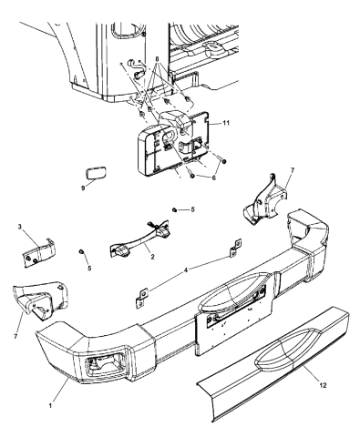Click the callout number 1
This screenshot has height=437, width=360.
[x=50, y=405]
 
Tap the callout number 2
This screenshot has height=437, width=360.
[x=152, y=257]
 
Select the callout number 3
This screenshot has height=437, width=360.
[x=20, y=227]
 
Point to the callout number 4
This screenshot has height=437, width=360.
[x=186, y=269]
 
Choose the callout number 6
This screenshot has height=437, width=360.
[x=213, y=178]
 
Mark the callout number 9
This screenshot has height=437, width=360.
[x=83, y=188]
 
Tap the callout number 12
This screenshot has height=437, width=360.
[x=323, y=385]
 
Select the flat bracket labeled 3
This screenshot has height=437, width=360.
[x=39, y=252]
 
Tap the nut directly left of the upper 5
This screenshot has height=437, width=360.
[x=174, y=209]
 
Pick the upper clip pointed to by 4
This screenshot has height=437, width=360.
[x=236, y=248]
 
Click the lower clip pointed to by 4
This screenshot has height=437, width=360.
[x=141, y=299]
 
